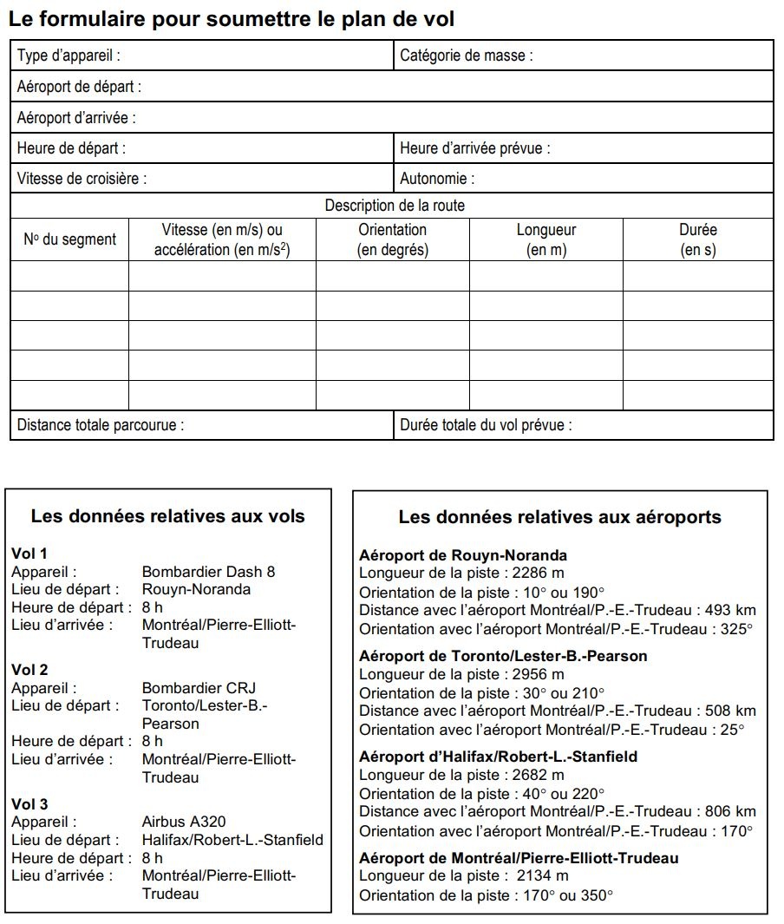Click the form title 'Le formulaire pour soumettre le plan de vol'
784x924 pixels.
click(231, 19)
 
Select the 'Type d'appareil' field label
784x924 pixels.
click(69, 56)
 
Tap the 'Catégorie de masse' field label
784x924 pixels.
click(466, 56)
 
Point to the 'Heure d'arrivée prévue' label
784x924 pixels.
click(474, 148)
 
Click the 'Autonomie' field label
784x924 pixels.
click(437, 179)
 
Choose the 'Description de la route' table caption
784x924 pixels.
click(395, 206)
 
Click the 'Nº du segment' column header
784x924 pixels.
click(69, 239)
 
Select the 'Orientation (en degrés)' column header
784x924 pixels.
click(393, 239)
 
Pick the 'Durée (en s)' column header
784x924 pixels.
click(697, 239)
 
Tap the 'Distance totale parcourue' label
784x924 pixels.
click(101, 425)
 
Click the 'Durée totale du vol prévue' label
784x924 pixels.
click(486, 425)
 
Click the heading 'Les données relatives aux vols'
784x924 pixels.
click(168, 516)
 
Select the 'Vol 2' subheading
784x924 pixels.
click(29, 670)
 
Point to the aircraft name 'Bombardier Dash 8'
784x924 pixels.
click(208, 572)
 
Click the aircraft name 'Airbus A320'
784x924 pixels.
click(183, 822)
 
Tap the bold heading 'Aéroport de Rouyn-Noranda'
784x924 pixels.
click(463, 555)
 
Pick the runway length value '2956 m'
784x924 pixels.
click(539, 674)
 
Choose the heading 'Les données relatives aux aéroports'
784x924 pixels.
click(559, 517)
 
